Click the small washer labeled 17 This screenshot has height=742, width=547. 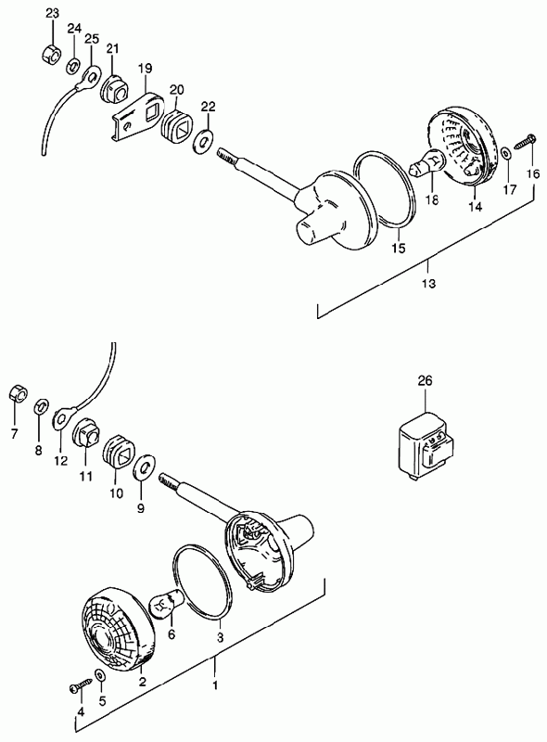click(505, 154)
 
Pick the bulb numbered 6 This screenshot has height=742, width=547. click(167, 603)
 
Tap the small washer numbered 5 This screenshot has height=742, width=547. click(101, 674)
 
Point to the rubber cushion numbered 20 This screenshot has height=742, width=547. click(176, 126)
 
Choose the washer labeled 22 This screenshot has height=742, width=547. click(202, 140)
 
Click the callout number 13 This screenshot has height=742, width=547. click(428, 284)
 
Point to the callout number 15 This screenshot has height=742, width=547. click(399, 248)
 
